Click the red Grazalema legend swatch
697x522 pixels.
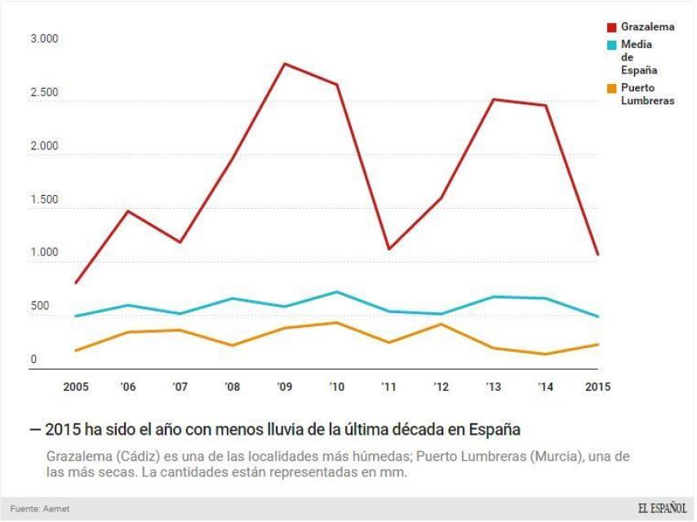[613, 27]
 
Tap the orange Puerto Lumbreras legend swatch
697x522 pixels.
[613, 88]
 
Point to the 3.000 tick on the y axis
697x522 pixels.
[44, 39]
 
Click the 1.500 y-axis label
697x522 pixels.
[44, 200]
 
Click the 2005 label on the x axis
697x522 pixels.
[76, 387]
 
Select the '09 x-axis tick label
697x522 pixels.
[285, 387]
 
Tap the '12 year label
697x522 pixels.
[441, 387]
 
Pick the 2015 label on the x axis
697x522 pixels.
[597, 387]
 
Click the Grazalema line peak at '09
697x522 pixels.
[285, 64]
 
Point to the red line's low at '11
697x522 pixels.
[389, 249]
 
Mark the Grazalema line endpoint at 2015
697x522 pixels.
[597, 254]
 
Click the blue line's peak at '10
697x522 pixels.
[337, 292]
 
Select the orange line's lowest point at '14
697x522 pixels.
[546, 354]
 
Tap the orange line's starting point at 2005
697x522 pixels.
[76, 351]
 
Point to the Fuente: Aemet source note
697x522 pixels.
[40, 509]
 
